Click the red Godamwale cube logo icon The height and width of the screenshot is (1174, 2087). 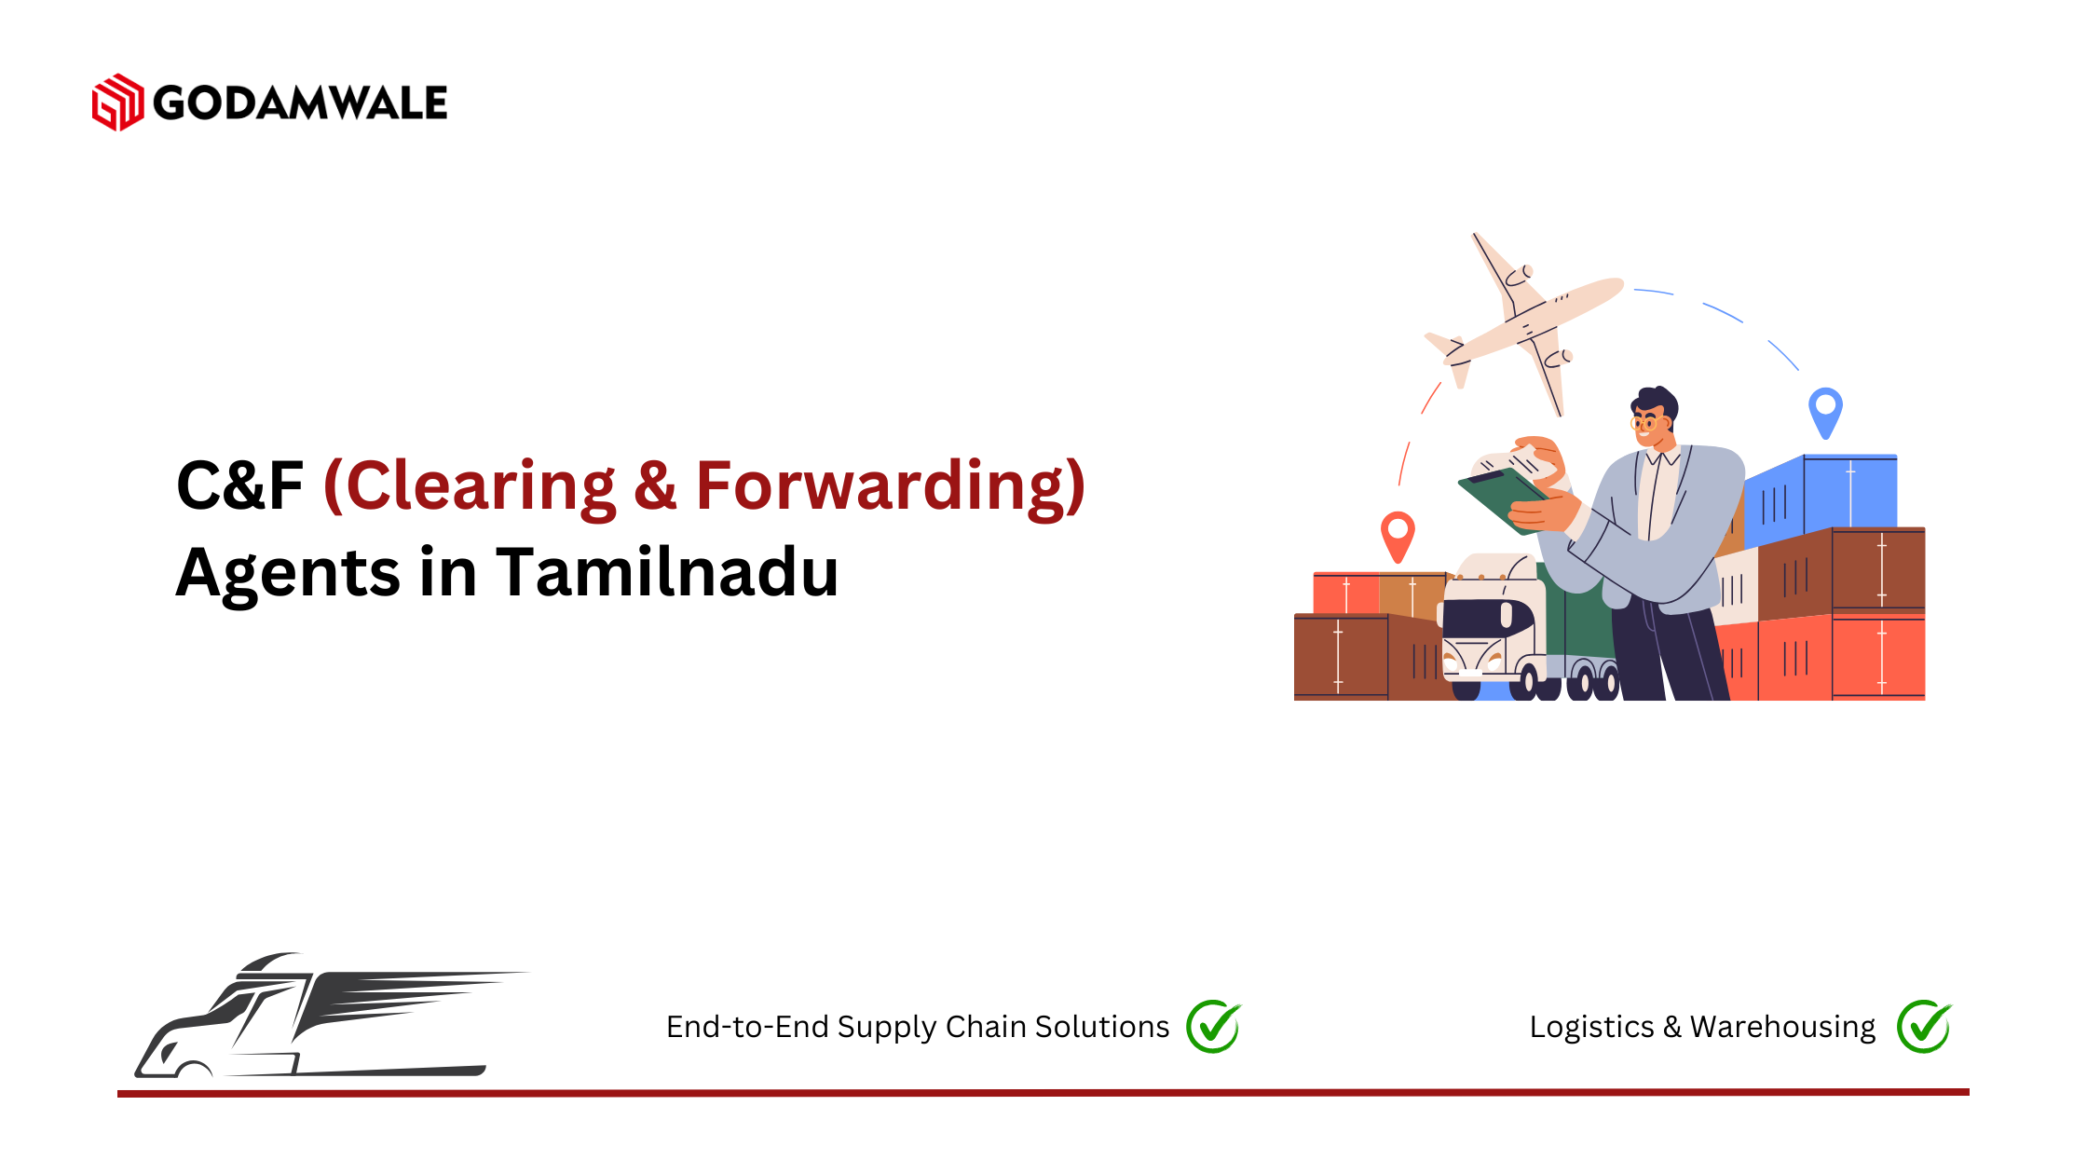[x=117, y=102]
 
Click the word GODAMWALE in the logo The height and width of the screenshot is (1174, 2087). [x=300, y=102]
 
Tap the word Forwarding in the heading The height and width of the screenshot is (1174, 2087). [x=891, y=486]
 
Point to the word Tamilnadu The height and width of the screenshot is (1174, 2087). [x=667, y=571]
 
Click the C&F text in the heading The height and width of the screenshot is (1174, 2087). [x=239, y=485]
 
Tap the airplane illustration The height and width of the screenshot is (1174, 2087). [x=1523, y=321]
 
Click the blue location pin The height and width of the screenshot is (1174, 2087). [x=1825, y=413]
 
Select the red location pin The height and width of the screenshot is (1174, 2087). [x=1398, y=536]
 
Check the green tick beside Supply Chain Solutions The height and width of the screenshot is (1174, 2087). [x=1214, y=1027]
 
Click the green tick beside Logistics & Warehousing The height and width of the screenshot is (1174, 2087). [x=1925, y=1027]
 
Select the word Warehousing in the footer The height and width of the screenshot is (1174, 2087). [x=1782, y=1027]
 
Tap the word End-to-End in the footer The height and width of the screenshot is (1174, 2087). [x=747, y=1026]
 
